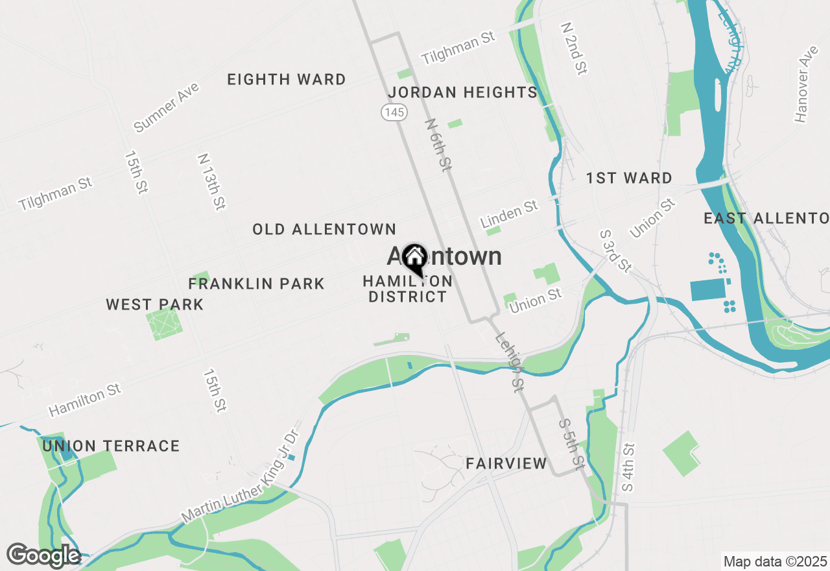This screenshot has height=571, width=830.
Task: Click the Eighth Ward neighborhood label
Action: (x=286, y=80)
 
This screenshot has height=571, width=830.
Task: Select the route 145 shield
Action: (x=394, y=112)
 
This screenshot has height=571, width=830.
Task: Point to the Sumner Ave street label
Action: (x=166, y=107)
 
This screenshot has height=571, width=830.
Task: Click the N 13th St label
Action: (x=211, y=182)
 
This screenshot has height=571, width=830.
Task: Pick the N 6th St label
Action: (x=438, y=145)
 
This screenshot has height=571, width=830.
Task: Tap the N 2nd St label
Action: (x=574, y=48)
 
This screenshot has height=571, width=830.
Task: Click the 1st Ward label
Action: (x=629, y=178)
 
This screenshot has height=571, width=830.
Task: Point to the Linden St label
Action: (x=510, y=213)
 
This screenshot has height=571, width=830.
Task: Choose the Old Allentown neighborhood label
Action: (x=324, y=229)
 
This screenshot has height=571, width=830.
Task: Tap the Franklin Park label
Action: (x=256, y=284)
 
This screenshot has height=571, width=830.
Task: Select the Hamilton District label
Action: (x=408, y=289)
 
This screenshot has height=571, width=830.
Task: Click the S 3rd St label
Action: (x=615, y=250)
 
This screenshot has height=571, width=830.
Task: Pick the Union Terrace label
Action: (x=111, y=446)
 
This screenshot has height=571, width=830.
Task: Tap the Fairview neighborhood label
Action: (x=506, y=463)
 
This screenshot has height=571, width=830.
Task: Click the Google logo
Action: (x=43, y=555)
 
